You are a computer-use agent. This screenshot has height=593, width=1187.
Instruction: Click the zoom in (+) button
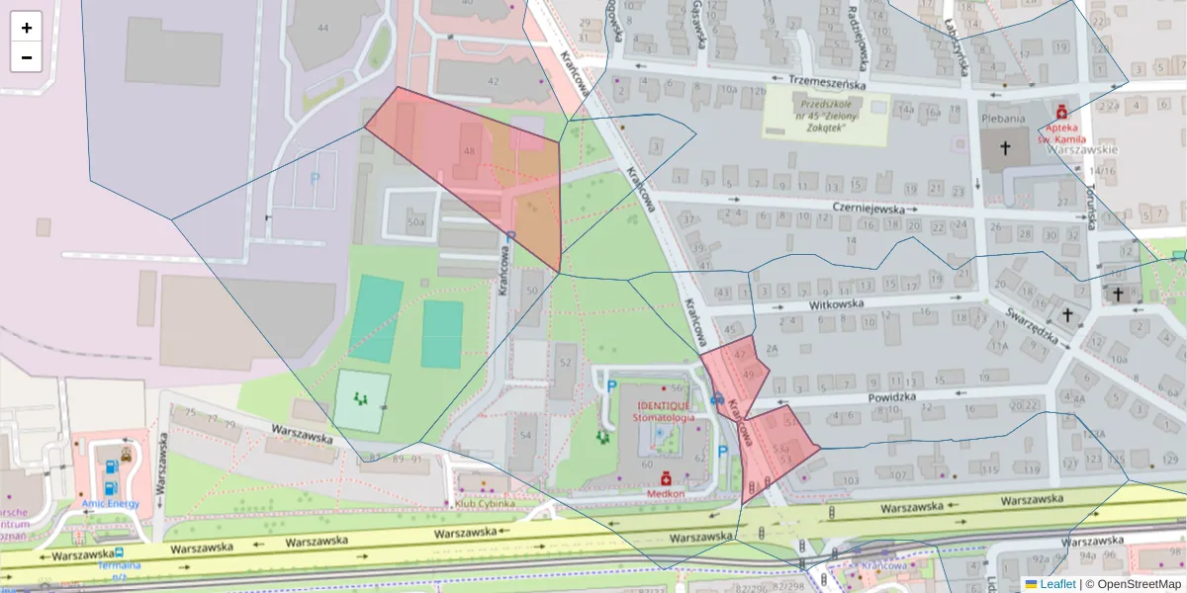pos(27,28)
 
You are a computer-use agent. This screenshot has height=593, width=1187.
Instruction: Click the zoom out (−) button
pos(27,57)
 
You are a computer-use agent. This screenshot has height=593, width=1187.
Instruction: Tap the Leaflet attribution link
pos(1057,584)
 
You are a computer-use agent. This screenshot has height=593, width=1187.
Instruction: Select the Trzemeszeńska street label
pos(827,85)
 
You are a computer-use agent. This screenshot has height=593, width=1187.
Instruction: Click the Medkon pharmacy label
pos(666,492)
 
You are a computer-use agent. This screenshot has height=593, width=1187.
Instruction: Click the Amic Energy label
pos(112,503)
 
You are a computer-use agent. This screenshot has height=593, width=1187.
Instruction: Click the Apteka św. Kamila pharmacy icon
pos(1061,111)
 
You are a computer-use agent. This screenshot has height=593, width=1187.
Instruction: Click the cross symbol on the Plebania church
pos(1006,149)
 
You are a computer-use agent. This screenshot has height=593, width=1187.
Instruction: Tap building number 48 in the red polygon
pos(469,151)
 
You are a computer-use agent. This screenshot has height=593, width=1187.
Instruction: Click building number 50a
pos(416,223)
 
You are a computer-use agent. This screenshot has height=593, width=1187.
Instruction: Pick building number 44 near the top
pos(322,27)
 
